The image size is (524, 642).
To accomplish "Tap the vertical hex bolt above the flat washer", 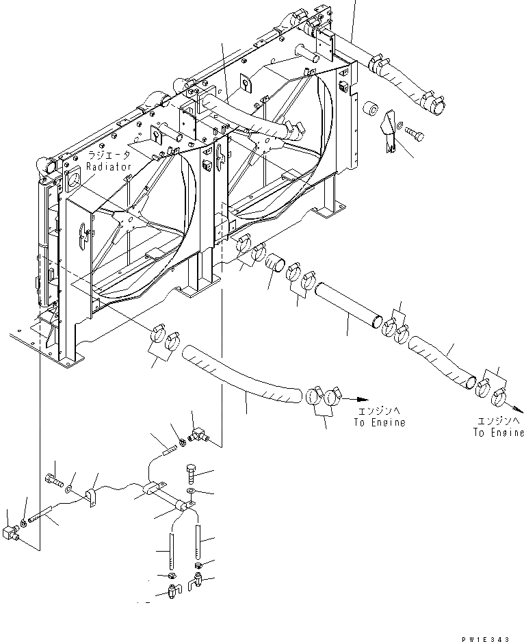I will point(191,474).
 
